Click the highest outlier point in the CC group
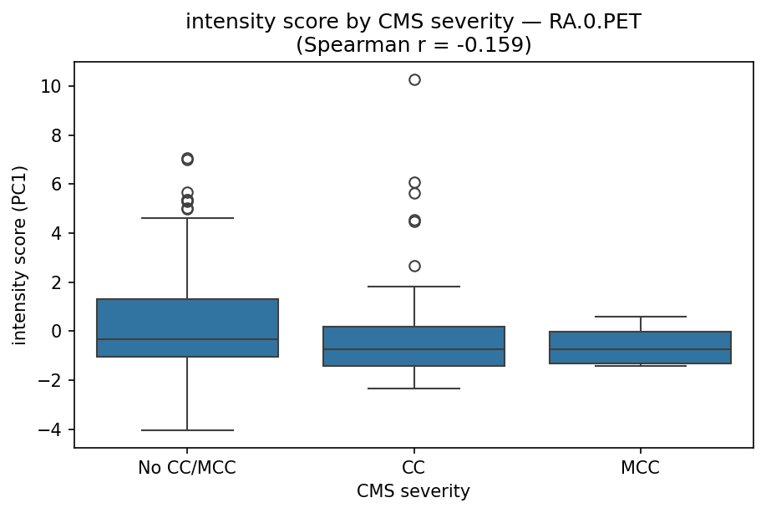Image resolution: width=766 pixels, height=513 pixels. (414, 79)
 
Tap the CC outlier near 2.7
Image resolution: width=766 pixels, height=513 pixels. (414, 266)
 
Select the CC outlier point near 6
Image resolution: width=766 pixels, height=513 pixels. (414, 182)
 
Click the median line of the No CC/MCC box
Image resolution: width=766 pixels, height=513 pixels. (187, 339)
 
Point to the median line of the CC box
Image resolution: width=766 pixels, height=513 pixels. (414, 349)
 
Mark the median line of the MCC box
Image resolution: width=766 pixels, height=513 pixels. (641, 349)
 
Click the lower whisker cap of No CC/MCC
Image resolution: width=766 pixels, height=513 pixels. (187, 430)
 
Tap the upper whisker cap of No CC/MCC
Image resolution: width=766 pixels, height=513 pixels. (187, 218)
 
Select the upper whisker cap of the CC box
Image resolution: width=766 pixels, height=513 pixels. (414, 287)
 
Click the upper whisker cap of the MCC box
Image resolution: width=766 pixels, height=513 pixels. (641, 317)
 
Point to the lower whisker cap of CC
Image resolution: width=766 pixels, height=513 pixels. (414, 389)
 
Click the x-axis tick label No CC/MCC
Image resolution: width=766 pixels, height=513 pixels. (187, 468)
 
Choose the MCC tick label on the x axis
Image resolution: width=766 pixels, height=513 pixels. (641, 468)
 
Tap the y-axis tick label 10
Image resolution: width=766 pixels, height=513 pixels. (51, 87)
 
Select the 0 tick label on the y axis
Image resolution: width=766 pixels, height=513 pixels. (57, 332)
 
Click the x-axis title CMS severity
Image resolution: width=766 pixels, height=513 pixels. (413, 492)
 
